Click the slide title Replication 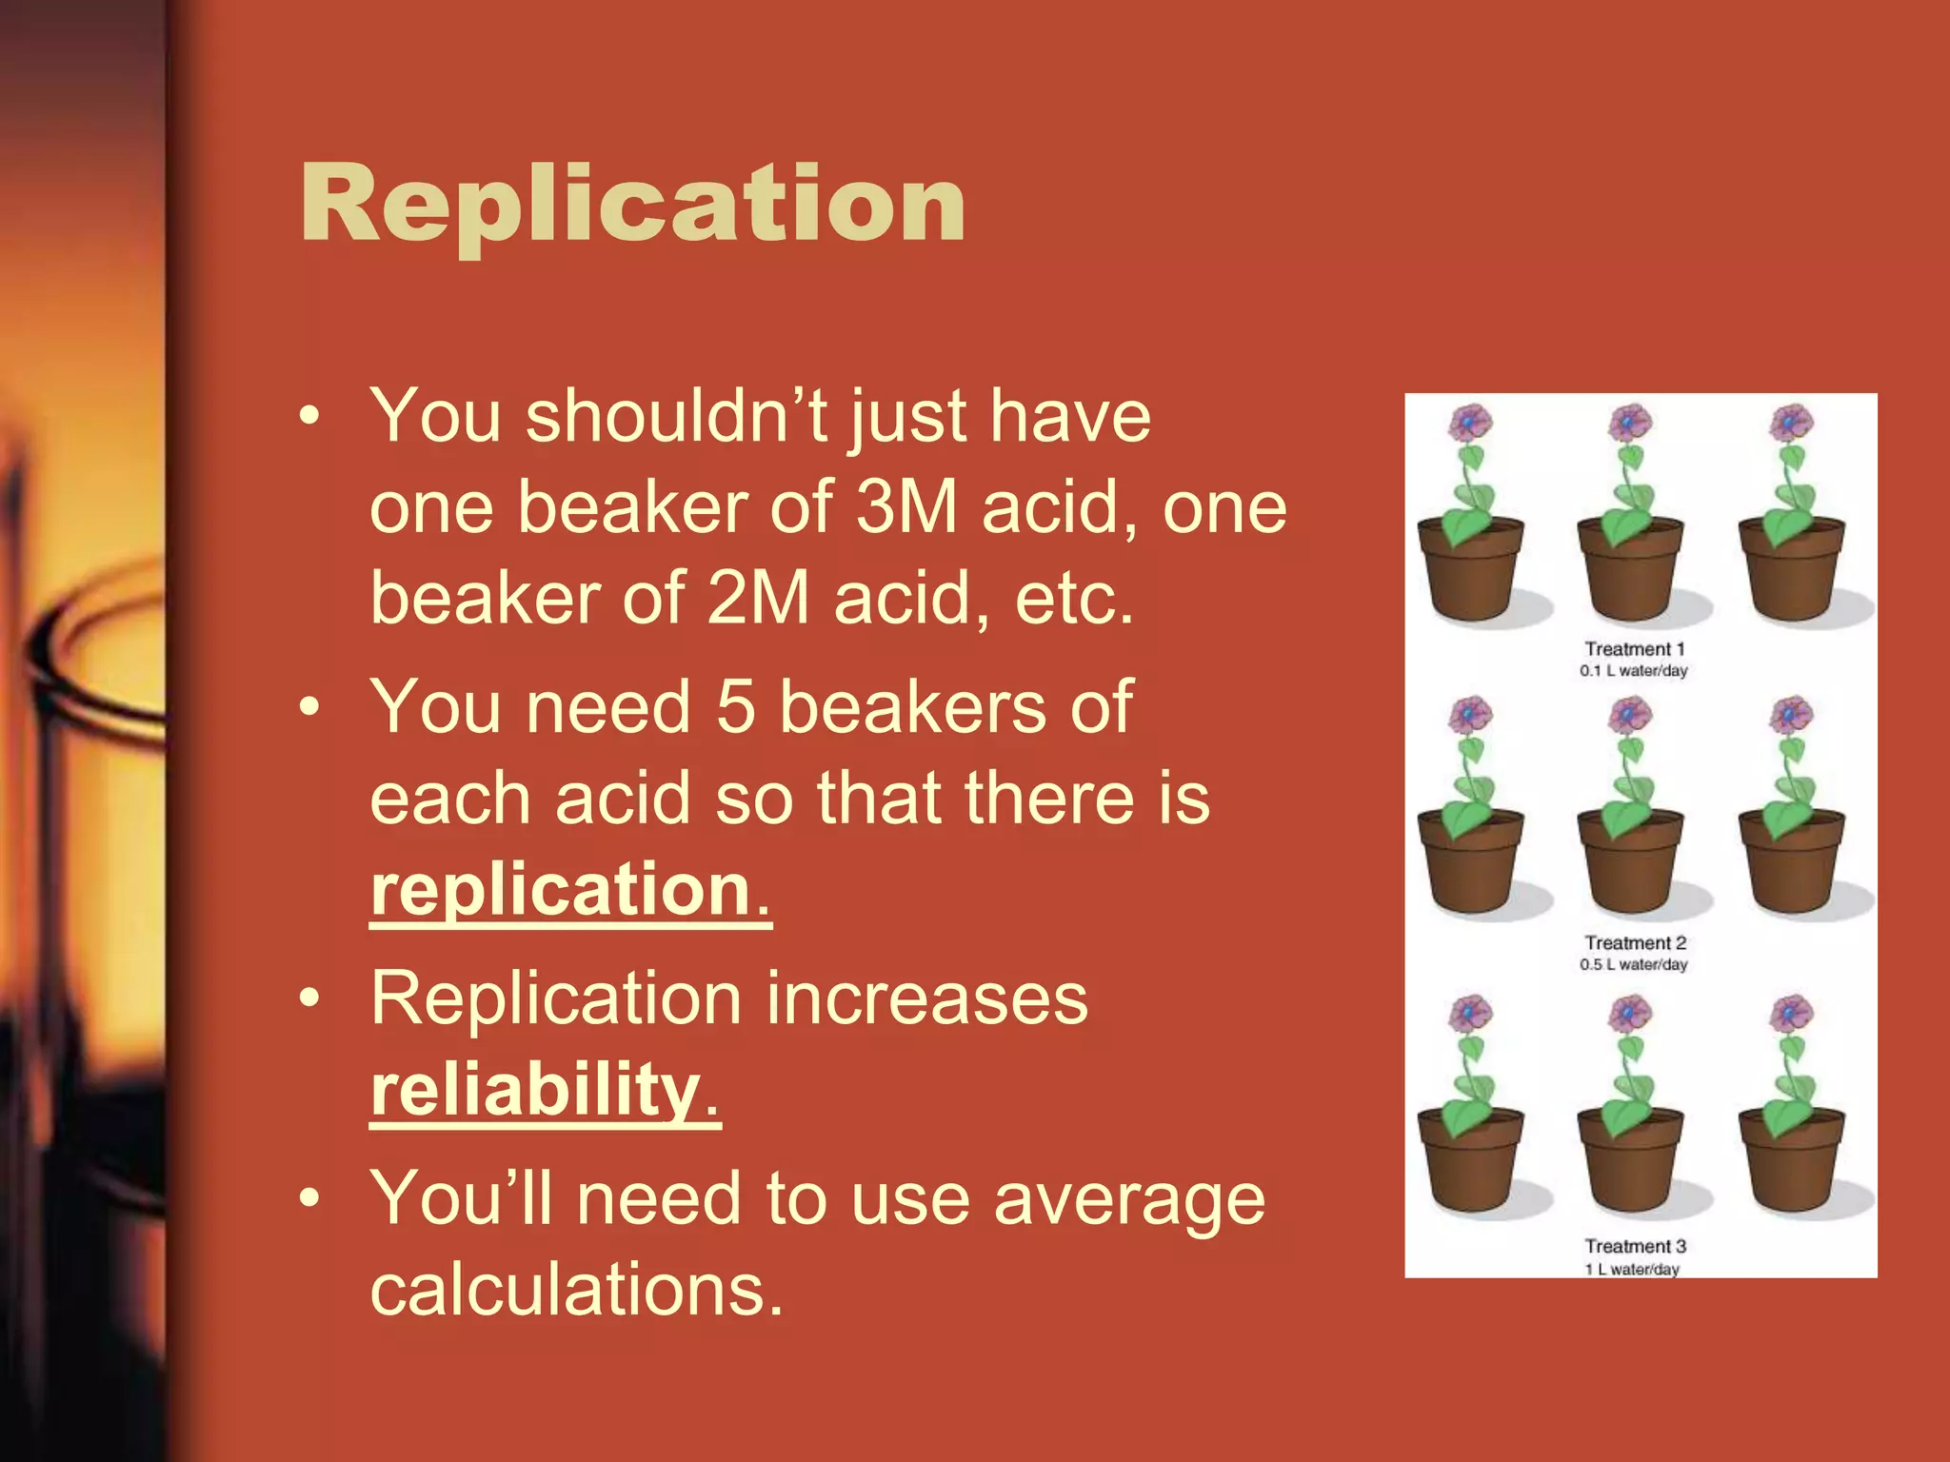[x=633, y=203]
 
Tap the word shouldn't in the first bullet [x=674, y=416]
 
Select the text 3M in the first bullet [x=905, y=507]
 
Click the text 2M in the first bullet [x=758, y=599]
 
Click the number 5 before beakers [x=735, y=707]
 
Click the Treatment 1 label [x=1634, y=649]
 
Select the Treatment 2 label [x=1635, y=942]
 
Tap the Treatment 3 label [x=1635, y=1246]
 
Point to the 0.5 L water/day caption [x=1633, y=964]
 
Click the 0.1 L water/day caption [x=1633, y=670]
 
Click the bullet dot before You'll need [x=308, y=1198]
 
